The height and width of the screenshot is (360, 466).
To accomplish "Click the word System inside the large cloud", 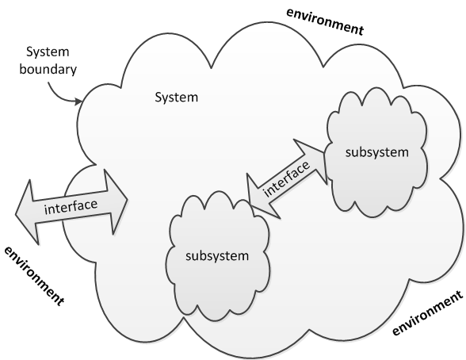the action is point(177,98).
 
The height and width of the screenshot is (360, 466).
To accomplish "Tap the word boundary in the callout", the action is point(48,69).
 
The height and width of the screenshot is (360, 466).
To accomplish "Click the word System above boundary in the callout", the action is point(48,52).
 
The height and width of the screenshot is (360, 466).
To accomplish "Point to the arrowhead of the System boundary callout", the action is point(78,101).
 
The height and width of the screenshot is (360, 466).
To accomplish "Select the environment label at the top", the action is point(325,21).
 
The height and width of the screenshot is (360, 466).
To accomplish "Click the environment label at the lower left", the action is point(34,276).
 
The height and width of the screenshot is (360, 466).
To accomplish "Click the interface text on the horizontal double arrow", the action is point(71,206).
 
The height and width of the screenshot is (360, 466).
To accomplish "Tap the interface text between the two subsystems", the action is point(287,178).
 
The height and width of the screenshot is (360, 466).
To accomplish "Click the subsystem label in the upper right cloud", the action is point(377,152).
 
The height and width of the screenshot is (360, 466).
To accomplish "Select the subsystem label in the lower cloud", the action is point(217,255).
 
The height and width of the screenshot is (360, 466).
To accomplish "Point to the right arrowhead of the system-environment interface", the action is point(116,201).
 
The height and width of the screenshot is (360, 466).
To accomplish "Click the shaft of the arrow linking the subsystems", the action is point(287,178).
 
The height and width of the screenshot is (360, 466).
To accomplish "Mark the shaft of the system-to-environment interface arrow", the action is point(71,206).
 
